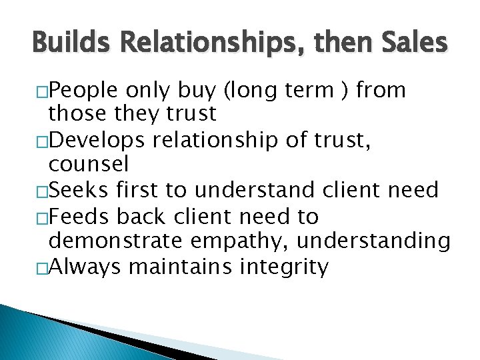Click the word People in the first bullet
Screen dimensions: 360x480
point(84,89)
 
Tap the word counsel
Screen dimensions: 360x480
point(88,164)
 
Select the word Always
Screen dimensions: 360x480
point(85,267)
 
